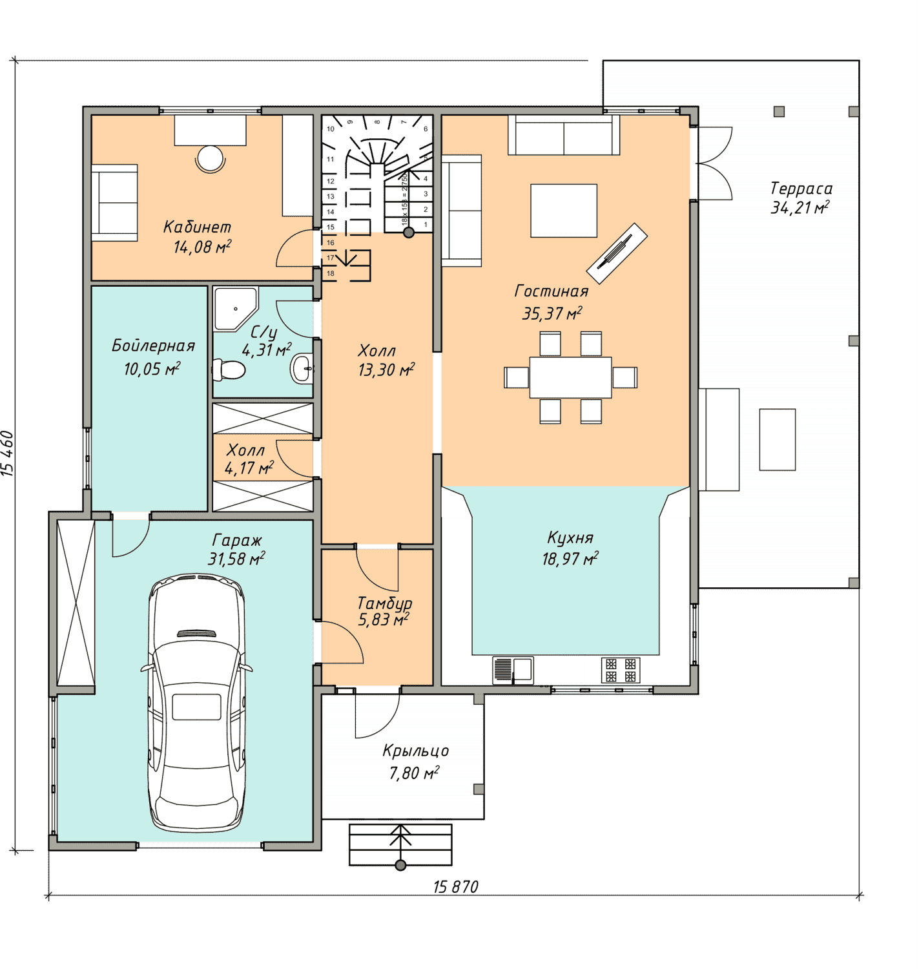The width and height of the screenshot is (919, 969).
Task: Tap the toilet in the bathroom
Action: tap(229, 370)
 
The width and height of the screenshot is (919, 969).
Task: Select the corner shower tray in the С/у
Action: tap(235, 309)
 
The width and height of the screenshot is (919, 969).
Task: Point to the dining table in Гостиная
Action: tap(570, 377)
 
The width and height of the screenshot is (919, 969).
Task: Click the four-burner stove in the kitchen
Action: tap(621, 671)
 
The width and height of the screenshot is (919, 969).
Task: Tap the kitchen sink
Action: tap(513, 671)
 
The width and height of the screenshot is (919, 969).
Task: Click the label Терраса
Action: tap(801, 188)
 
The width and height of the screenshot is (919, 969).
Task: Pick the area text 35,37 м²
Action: tap(552, 313)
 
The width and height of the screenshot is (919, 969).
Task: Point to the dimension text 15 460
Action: tap(8, 453)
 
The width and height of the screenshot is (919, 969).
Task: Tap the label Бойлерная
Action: tap(153, 346)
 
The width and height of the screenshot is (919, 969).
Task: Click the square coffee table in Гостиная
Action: tap(564, 211)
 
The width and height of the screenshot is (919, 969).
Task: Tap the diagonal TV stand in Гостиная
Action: tap(617, 253)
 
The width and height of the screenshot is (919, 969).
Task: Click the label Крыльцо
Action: tap(415, 751)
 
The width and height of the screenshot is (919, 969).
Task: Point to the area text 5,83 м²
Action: tap(384, 620)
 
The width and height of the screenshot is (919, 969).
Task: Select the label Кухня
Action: tap(570, 537)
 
